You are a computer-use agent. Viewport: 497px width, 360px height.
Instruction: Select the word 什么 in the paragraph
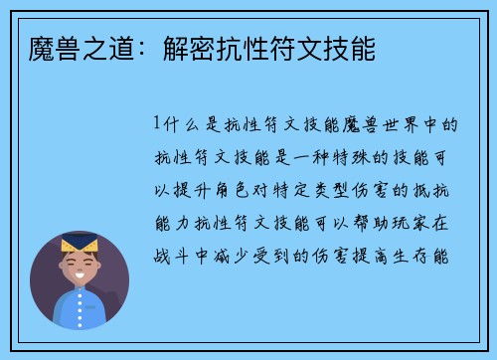point(179,124)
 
